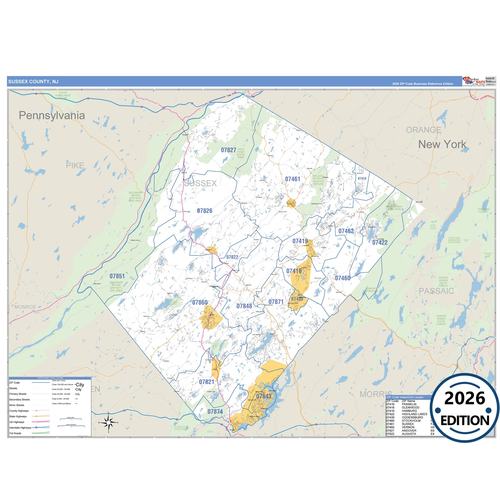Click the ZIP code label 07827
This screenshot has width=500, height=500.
point(228,150)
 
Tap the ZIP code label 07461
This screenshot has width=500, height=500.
point(292,179)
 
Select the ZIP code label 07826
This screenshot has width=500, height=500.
point(204,211)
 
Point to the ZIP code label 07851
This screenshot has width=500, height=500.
point(117,276)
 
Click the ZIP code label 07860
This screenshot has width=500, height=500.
point(200,302)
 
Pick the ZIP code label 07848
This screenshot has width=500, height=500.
point(244,306)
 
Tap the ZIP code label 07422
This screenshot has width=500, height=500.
point(380,243)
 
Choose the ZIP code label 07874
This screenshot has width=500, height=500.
point(215,412)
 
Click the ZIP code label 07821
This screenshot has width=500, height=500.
point(206,382)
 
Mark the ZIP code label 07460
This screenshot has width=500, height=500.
point(343,278)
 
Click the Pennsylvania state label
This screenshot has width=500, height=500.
point(52,116)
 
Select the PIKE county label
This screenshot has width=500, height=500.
point(75,166)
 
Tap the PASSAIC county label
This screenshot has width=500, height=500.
point(436,291)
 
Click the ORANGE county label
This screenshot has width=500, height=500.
point(423,130)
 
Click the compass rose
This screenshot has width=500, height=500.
point(109,422)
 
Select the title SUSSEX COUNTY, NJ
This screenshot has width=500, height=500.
point(33,82)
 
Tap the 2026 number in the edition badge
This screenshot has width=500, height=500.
point(464,399)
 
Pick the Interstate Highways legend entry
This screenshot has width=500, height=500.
point(20,428)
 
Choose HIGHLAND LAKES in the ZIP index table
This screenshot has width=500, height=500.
point(414,414)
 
